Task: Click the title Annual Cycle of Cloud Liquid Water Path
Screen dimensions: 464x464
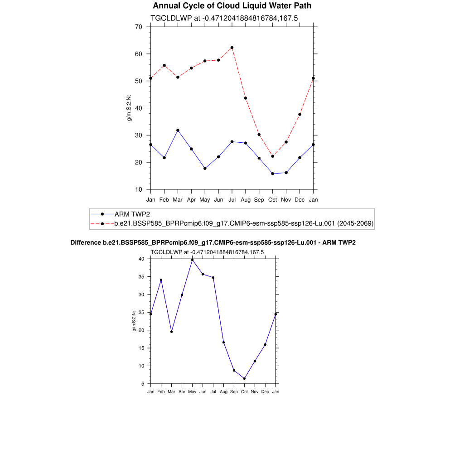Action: [x=232, y=6]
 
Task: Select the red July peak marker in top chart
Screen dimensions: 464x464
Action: [x=232, y=48]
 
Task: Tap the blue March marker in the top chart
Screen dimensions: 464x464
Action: [x=178, y=130]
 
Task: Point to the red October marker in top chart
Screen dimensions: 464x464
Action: [x=272, y=156]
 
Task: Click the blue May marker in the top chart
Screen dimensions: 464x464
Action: [x=205, y=169]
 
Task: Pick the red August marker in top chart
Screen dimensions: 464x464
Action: [x=246, y=98]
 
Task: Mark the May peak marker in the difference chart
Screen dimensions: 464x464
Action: [x=192, y=260]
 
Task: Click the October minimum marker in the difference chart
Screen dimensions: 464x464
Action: [x=244, y=378]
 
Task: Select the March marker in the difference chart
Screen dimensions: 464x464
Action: [x=171, y=332]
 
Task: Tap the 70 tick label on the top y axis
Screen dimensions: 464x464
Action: [x=138, y=27]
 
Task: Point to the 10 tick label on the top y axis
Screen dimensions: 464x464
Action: [x=138, y=189]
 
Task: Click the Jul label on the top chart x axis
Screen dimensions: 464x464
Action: [x=232, y=199]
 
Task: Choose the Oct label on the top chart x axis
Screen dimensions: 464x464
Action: [x=272, y=199]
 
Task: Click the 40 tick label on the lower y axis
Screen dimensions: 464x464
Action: [x=141, y=259]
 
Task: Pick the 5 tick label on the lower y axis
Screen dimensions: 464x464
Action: [x=143, y=384]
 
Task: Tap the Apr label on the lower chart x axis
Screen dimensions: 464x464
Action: [x=182, y=391]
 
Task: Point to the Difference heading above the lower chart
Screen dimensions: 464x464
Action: [x=213, y=243]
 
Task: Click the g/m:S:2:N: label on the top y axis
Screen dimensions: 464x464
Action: [x=129, y=108]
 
